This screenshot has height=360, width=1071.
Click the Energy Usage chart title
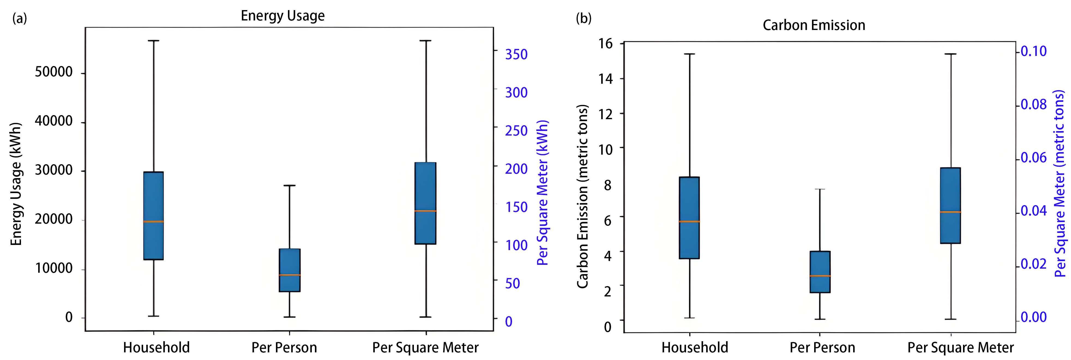(x=283, y=16)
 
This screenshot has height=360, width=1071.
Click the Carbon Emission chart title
(x=814, y=25)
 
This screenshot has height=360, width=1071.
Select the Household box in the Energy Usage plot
(x=154, y=216)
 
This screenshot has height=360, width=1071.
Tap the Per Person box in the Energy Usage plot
(x=289, y=270)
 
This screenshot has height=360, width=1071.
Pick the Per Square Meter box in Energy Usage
(x=425, y=203)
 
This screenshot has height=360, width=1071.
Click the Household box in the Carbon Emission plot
(x=689, y=218)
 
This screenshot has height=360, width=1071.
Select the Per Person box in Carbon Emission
(x=820, y=272)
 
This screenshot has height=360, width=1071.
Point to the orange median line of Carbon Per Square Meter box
(x=950, y=212)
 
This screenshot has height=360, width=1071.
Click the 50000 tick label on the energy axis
(x=54, y=72)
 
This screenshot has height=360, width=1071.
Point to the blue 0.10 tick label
(x=1034, y=51)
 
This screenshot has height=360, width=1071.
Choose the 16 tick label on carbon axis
(x=605, y=43)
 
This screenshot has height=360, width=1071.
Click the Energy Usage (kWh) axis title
(x=16, y=184)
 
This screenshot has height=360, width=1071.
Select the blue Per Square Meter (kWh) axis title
(x=543, y=193)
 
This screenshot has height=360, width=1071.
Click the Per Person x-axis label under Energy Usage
(x=284, y=347)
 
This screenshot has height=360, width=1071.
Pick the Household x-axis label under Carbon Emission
(x=695, y=347)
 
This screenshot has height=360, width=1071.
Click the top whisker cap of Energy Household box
(x=154, y=41)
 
